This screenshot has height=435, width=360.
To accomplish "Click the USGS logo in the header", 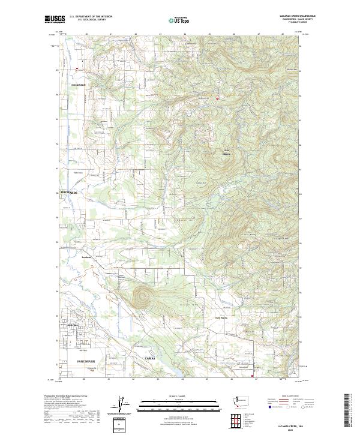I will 55,20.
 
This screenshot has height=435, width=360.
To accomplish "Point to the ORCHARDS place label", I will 70,192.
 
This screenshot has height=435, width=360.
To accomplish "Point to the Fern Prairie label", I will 222,318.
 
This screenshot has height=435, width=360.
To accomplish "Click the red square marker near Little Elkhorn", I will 217,98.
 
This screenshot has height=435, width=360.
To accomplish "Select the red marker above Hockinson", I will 76,69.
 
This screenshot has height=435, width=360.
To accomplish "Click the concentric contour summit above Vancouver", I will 142,296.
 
